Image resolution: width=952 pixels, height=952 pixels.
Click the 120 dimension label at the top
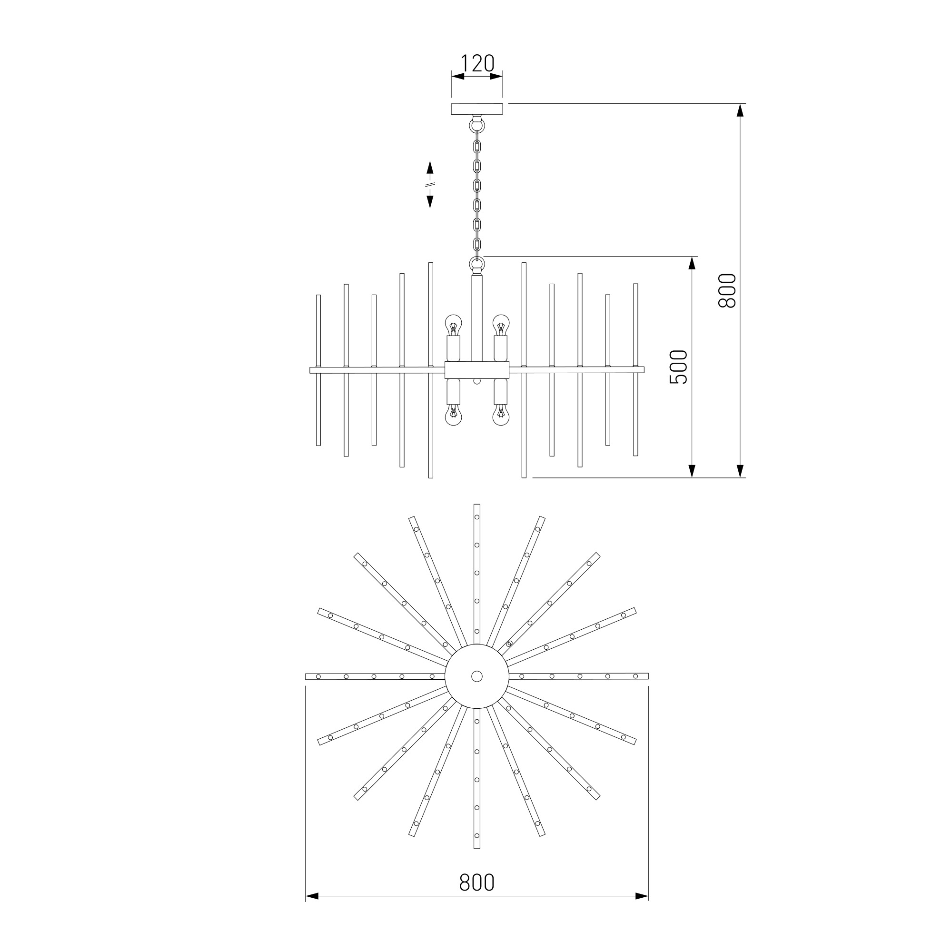[477, 64]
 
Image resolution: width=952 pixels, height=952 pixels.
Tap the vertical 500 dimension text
[678, 367]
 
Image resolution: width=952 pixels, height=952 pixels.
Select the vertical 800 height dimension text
[727, 291]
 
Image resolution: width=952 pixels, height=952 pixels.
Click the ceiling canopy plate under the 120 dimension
[477, 109]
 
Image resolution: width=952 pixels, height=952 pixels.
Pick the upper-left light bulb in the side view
[453, 325]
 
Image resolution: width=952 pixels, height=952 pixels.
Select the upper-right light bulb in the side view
[501, 325]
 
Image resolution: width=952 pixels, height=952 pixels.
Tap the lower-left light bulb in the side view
[453, 416]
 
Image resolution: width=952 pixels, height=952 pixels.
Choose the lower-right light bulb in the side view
[501, 416]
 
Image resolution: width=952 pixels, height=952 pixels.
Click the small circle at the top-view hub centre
[476, 676]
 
